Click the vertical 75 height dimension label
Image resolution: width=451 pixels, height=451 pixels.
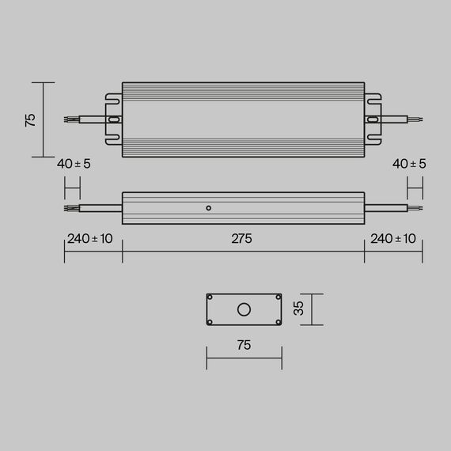click(x=30, y=119)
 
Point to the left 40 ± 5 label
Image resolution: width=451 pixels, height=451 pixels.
click(x=74, y=164)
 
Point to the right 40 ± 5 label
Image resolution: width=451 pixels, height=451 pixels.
click(x=409, y=164)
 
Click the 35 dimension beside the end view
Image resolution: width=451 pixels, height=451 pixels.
click(x=299, y=309)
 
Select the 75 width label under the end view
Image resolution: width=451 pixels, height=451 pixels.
click(x=243, y=345)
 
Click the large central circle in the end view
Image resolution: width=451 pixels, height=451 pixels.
click(x=244, y=309)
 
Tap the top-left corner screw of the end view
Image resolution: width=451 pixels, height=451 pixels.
click(x=210, y=298)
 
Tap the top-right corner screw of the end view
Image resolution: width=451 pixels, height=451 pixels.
click(x=277, y=298)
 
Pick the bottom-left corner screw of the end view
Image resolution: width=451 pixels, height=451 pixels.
click(x=210, y=320)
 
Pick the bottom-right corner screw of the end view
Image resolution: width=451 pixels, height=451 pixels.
click(x=277, y=320)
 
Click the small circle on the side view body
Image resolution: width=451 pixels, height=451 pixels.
click(x=208, y=208)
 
